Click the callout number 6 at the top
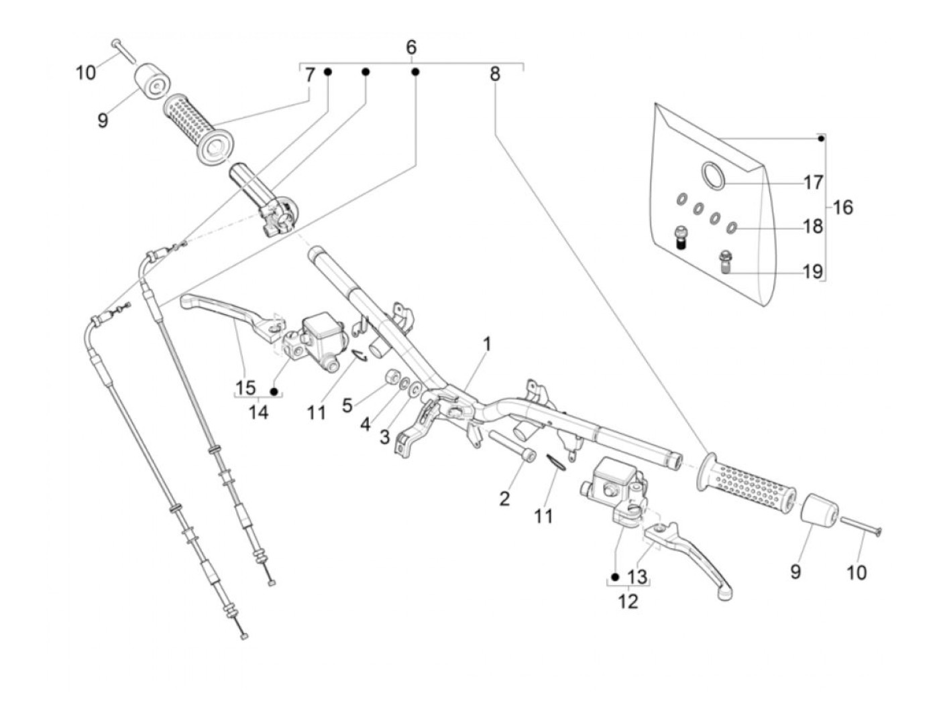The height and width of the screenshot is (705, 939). click(x=411, y=47)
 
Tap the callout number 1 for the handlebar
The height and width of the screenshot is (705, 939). click(x=488, y=344)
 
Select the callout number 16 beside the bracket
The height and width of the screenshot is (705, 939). click(x=843, y=208)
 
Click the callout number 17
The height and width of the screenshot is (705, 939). click(x=813, y=182)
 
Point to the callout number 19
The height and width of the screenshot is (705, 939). click(x=812, y=271)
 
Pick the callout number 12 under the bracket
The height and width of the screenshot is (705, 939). click(x=628, y=601)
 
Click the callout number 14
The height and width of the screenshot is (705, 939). click(x=258, y=411)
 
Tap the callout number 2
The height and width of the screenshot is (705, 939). click(x=504, y=498)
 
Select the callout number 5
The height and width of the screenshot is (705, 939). click(x=347, y=405)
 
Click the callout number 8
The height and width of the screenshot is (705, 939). click(x=495, y=74)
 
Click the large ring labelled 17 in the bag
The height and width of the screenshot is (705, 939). click(x=713, y=174)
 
